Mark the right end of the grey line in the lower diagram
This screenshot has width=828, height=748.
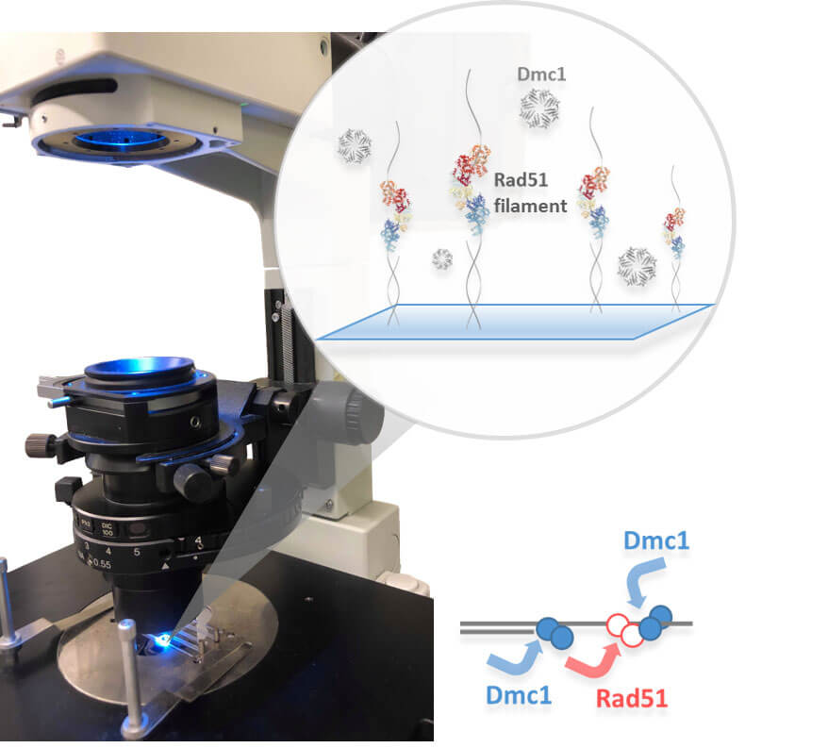point(692,623)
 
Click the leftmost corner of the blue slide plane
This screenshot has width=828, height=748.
point(316,339)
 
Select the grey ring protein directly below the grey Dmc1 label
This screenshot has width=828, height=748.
point(539,108)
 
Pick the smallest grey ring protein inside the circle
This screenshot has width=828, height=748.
point(442,258)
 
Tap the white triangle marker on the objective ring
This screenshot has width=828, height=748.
point(165,566)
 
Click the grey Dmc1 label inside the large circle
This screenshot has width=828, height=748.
point(541,74)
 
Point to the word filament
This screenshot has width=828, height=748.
point(531,206)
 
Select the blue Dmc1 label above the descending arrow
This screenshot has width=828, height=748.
point(656,540)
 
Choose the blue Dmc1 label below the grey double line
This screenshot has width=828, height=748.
point(519,695)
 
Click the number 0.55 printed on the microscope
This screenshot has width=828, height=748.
point(99,564)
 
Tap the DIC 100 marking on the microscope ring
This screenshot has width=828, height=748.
point(108,529)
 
